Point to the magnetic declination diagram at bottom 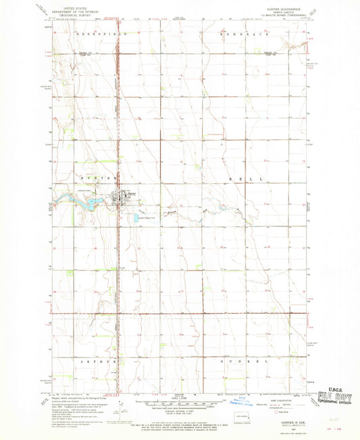pos(120,408)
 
